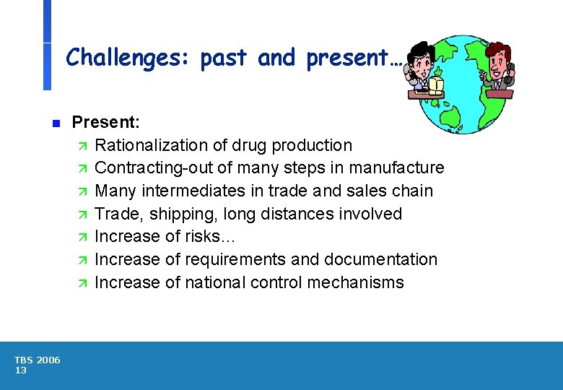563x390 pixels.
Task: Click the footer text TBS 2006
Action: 38,360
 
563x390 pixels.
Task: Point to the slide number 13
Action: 21,370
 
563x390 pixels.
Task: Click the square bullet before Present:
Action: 56,123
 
